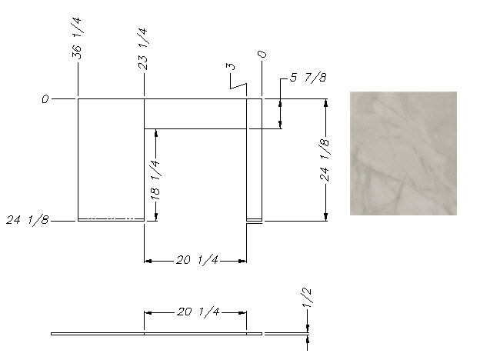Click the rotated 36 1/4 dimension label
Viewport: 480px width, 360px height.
(77, 38)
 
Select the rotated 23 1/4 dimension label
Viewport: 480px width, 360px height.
(143, 49)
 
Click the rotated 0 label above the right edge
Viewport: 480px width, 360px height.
(262, 55)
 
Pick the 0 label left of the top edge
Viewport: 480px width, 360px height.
(45, 99)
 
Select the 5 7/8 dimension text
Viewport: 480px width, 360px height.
(308, 78)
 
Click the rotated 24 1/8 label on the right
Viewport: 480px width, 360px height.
(325, 161)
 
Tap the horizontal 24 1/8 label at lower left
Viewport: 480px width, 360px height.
(28, 220)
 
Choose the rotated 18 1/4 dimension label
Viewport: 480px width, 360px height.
(155, 180)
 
